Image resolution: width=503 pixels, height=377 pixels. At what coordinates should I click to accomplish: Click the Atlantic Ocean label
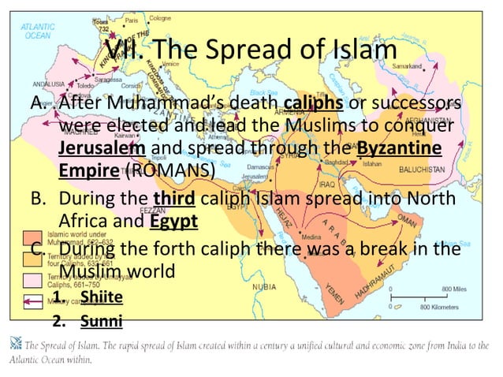[36, 31]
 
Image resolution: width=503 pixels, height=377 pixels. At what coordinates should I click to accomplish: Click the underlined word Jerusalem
[102, 147]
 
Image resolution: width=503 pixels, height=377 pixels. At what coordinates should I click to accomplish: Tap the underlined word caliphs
[307, 105]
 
